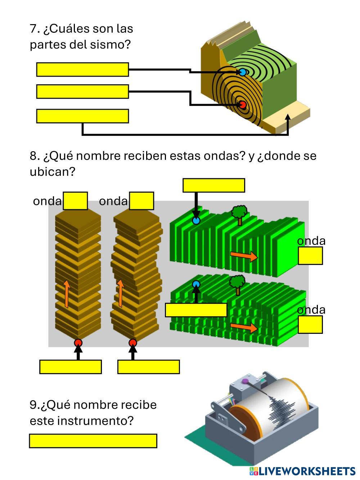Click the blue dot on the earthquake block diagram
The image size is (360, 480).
[x=242, y=72]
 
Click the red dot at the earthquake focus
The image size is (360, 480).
[x=242, y=105]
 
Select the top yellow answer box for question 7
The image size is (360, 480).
[x=82, y=69]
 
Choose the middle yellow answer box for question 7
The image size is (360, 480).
[x=82, y=91]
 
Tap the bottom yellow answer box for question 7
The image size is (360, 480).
[x=82, y=116]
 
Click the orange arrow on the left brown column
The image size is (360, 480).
[x=67, y=294]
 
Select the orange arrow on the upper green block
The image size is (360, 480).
[x=244, y=256]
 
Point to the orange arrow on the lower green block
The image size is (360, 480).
[x=244, y=327]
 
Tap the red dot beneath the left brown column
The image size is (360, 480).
[x=78, y=343]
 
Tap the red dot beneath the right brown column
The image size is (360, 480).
[x=133, y=343]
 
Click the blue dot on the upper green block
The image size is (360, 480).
[x=196, y=220]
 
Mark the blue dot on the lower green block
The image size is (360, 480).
[x=196, y=284]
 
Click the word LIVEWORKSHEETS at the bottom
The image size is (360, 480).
[x=307, y=471]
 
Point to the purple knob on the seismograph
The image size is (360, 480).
[x=245, y=381]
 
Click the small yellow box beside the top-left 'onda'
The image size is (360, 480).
[x=75, y=201]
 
